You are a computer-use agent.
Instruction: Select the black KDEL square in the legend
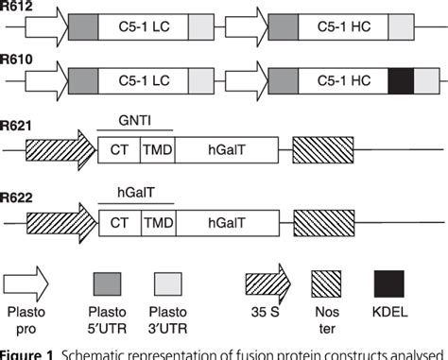pyautogui.click(x=389, y=283)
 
